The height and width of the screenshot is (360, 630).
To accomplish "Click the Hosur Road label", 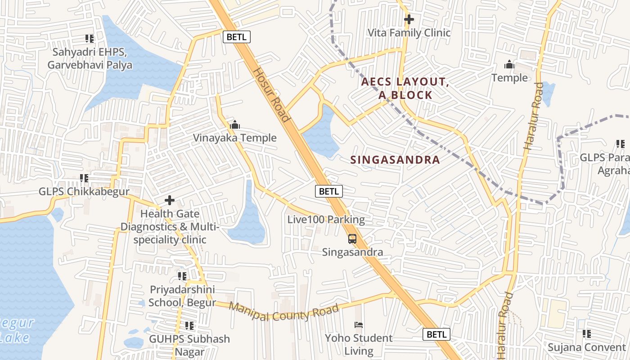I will coord(270,95).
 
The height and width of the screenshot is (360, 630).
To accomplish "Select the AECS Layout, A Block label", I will coord(405,89).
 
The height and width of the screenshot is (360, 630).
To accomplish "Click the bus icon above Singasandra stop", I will coord(352,239).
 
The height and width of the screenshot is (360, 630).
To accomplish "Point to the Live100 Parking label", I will coord(326,220).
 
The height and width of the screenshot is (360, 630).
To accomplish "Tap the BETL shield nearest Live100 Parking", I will coord(328,191).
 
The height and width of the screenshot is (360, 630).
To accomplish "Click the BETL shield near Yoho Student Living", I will coord(436,334).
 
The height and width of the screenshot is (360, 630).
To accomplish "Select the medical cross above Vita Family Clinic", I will coord(409,19).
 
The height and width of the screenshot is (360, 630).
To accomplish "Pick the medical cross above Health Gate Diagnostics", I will coord(170,200).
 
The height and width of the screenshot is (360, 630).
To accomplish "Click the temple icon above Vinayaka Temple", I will coord(234,125).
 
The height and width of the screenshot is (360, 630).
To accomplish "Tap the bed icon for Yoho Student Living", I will coord(359,324).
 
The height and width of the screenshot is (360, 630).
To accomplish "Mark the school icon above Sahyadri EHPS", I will coord(90,39).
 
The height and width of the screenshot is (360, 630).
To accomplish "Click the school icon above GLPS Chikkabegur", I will coord(84,179).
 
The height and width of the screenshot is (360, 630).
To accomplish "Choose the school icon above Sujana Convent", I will coord(586,334).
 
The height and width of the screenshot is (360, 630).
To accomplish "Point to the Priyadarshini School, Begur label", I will coord(182,296).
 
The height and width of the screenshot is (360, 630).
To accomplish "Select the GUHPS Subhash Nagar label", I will coord(189,345).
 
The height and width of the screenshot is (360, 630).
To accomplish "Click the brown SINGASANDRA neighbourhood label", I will coord(395,160).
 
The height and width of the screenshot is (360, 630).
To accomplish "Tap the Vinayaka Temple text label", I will coord(234,138).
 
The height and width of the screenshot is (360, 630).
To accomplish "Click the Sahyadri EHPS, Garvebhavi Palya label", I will coord(90,58).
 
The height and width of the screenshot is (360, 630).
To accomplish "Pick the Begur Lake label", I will coord(16,330).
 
